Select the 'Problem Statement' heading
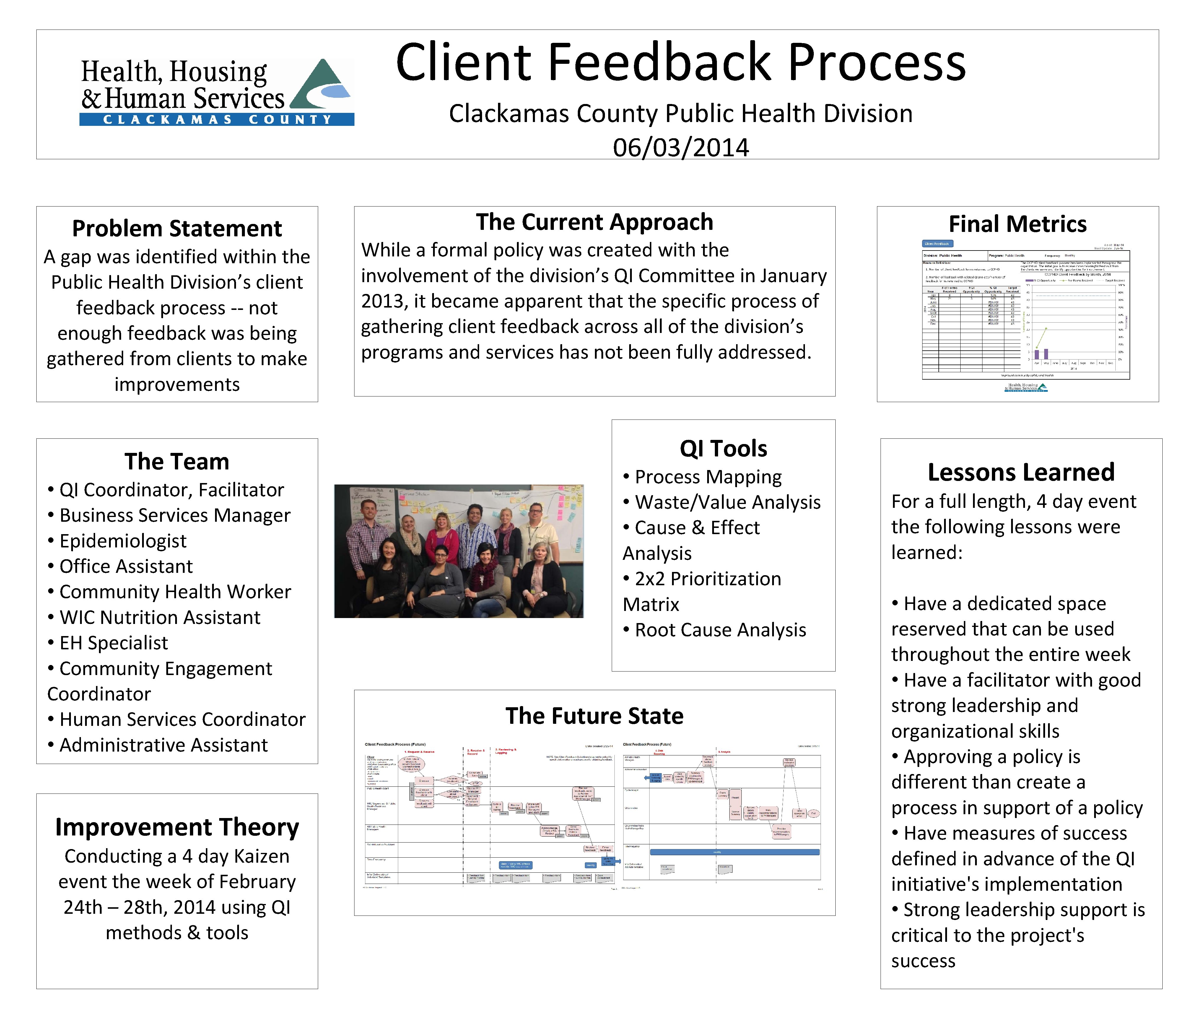coord(177,229)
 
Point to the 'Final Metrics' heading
coord(1017,224)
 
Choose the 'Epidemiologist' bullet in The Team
coord(123,541)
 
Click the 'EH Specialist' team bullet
coord(114,643)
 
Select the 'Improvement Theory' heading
coord(177,827)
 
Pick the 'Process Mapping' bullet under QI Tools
coord(708,477)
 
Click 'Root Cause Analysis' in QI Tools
coord(720,630)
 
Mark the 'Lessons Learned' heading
coord(1021,473)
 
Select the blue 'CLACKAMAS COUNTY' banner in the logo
coord(217,120)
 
